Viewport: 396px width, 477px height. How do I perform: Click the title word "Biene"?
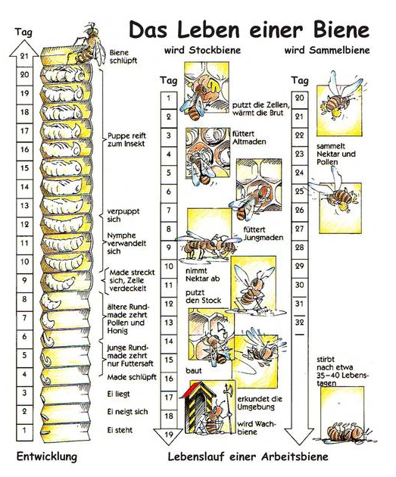[340, 30]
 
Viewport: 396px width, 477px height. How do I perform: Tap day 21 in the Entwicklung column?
[24, 55]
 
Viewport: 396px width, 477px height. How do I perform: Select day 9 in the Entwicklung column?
[24, 280]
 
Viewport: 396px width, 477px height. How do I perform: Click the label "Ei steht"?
[120, 430]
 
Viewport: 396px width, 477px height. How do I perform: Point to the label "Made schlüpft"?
[132, 377]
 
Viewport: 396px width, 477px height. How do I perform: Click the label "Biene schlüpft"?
[123, 57]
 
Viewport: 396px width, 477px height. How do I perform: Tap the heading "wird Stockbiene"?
[203, 50]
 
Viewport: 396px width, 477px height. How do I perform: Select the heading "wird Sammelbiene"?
[327, 50]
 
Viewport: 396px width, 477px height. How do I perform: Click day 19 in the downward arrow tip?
[169, 435]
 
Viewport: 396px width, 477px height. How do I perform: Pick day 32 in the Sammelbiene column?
[300, 322]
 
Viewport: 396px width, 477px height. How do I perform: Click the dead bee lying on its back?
[345, 432]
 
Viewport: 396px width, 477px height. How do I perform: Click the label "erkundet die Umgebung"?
[260, 403]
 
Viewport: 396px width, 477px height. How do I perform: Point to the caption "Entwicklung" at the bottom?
[47, 457]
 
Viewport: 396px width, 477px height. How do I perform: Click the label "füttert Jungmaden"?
[263, 233]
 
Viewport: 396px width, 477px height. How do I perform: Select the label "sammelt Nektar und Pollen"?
[335, 154]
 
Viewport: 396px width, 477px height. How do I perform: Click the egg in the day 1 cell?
[45, 432]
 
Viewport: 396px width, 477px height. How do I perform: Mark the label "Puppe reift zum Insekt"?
[127, 139]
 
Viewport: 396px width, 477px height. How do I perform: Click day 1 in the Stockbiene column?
[169, 98]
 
